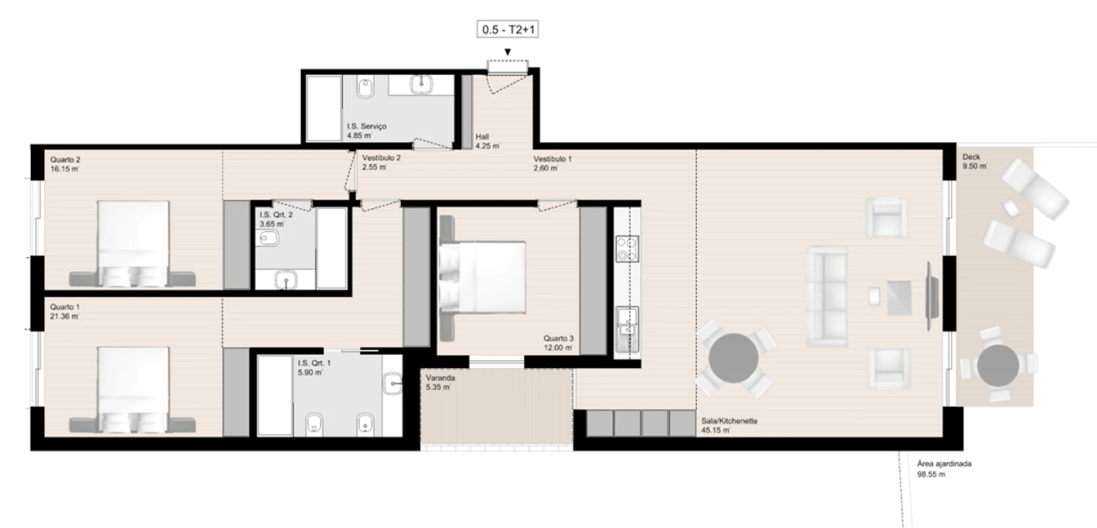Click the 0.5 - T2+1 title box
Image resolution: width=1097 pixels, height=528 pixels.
click(x=508, y=30)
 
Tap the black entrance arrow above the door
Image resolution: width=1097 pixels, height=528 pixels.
click(x=507, y=51)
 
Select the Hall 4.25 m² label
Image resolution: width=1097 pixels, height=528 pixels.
click(x=487, y=141)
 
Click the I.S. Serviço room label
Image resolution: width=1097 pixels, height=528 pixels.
click(x=367, y=131)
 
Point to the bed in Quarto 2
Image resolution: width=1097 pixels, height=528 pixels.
click(x=133, y=242)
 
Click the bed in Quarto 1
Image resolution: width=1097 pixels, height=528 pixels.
click(x=133, y=389)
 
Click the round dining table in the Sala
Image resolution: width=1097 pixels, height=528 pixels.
click(x=734, y=360)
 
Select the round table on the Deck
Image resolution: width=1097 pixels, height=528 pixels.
click(x=998, y=364)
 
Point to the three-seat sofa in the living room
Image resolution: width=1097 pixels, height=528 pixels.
click(x=826, y=296)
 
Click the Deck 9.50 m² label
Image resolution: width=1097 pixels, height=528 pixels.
click(x=974, y=161)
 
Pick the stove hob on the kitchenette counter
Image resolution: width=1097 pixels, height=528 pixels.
click(x=627, y=249)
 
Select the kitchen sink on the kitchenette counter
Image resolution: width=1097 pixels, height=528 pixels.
click(x=627, y=323)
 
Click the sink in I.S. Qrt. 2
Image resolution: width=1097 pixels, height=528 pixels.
click(x=285, y=279)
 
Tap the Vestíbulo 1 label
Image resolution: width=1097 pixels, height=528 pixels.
click(x=553, y=163)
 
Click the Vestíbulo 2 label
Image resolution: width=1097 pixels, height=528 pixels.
click(x=381, y=162)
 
